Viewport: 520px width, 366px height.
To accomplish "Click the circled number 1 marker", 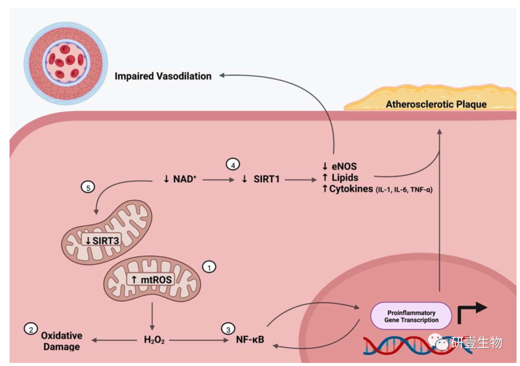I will tap(209, 266).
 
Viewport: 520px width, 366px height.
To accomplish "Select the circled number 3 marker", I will tap(226, 329).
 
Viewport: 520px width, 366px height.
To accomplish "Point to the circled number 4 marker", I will tap(233, 165).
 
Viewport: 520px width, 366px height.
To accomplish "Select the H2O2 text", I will tap(154, 340).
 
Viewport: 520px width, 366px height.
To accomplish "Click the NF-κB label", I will tap(250, 340).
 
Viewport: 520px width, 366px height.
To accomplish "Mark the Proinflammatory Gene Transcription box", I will tap(411, 316).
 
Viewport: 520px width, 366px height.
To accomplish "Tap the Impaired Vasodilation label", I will tap(163, 76).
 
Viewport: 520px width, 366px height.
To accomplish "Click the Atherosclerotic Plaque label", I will tap(436, 104).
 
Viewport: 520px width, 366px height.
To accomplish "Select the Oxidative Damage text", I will tap(61, 340).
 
